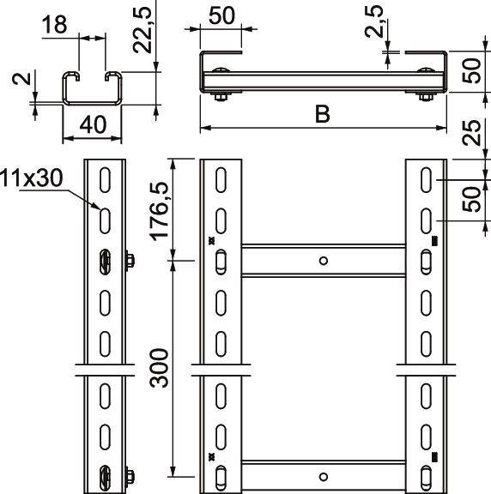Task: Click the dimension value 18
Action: click(x=54, y=25)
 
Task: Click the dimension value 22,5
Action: click(x=142, y=30)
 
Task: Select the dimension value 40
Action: click(x=93, y=124)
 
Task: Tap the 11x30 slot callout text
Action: click(x=31, y=178)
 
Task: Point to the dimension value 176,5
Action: click(x=160, y=211)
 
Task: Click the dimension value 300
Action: click(x=160, y=368)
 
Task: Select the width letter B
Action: click(x=322, y=114)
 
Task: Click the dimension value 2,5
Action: click(x=374, y=21)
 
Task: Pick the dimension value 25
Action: click(x=471, y=132)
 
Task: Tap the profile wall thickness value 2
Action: click(x=21, y=79)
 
